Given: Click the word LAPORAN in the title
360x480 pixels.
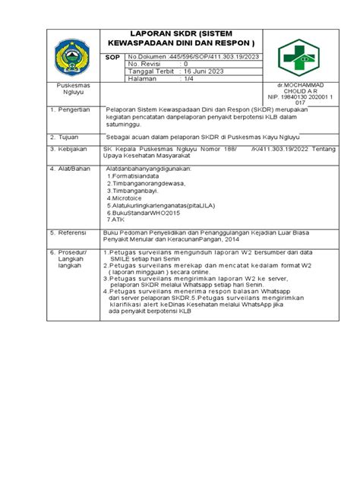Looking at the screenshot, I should [156, 36].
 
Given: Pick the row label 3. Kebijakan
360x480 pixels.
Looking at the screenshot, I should [71, 149].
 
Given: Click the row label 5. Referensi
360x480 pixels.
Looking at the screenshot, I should [71, 232].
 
